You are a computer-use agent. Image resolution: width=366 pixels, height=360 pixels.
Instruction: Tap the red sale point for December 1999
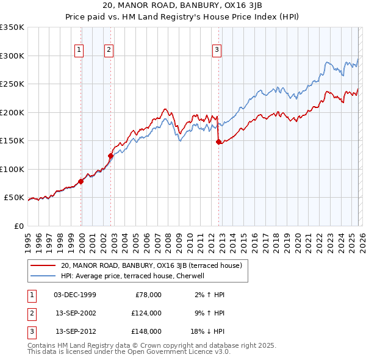coord(81,181)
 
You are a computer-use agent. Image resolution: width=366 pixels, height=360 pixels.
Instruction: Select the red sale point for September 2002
coord(111,156)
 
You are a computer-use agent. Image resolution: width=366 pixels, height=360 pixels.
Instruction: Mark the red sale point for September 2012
coord(219,142)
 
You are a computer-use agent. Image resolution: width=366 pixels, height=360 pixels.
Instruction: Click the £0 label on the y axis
coord(18,226)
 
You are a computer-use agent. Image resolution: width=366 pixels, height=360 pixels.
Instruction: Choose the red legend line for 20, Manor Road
coord(43,265)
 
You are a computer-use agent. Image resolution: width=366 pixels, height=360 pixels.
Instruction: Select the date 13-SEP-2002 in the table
coord(76,313)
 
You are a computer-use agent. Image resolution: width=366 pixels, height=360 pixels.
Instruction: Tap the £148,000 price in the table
coord(146,331)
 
